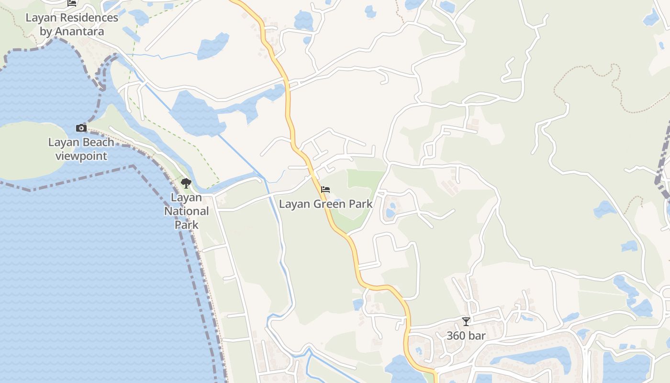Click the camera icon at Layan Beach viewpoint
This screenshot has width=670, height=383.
[x=81, y=128]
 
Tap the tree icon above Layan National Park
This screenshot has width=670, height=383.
[x=186, y=183]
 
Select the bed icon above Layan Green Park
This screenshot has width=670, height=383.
[x=325, y=190]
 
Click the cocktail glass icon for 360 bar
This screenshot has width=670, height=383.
[x=466, y=322]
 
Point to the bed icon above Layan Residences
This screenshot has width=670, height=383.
[x=72, y=3]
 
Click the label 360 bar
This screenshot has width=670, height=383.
[x=466, y=336]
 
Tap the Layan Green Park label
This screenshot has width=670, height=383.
[x=325, y=204]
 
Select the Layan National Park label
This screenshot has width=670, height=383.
[x=187, y=211]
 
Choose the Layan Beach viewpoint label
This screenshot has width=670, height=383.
[x=81, y=149]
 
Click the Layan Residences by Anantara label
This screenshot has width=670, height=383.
[x=72, y=25]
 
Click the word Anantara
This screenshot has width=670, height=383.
[x=79, y=32]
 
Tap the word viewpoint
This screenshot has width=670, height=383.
[x=81, y=156]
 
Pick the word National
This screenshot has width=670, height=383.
[x=187, y=211]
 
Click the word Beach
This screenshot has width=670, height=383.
[x=99, y=142]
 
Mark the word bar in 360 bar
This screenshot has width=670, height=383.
[x=477, y=336]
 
